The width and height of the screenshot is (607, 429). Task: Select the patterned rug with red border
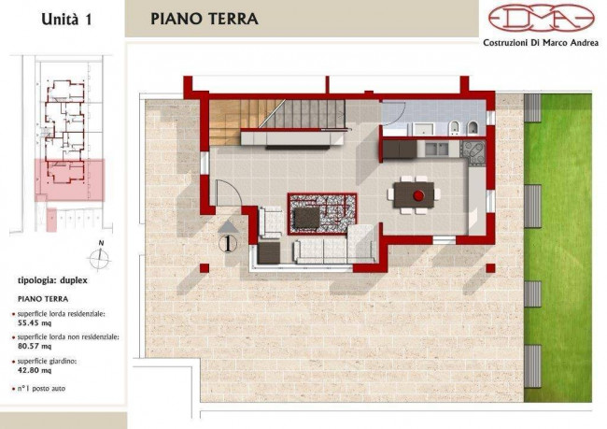click(322, 214)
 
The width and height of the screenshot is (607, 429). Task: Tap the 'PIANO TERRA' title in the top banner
click(204, 19)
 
